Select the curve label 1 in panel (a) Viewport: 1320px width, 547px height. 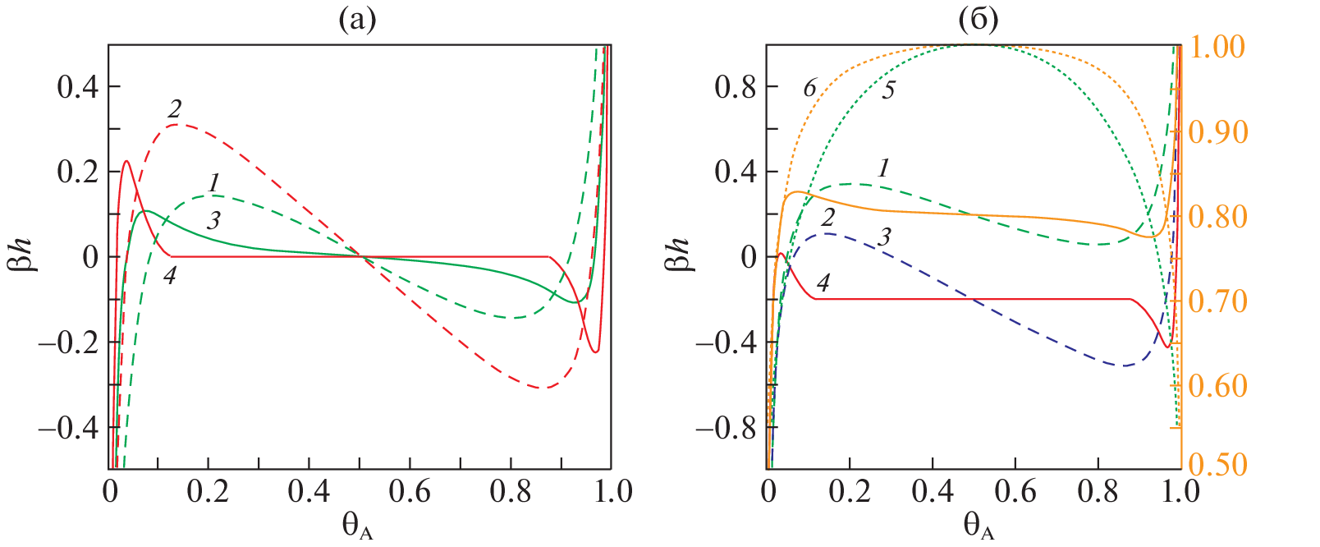click(x=214, y=182)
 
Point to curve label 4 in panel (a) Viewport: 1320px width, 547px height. click(x=169, y=275)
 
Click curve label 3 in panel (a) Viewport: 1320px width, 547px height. click(x=214, y=220)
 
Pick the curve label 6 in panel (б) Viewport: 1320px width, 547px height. click(x=809, y=88)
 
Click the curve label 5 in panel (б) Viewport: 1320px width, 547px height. click(x=888, y=90)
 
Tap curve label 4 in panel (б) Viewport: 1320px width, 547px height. click(x=823, y=283)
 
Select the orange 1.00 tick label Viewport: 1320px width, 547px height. click(x=1217, y=47)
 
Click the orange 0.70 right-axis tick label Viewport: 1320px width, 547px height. click(x=1217, y=301)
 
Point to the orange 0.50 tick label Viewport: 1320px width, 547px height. click(x=1217, y=465)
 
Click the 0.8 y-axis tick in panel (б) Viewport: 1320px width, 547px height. click(x=736, y=86)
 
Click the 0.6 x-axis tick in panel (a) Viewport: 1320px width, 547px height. click(x=410, y=492)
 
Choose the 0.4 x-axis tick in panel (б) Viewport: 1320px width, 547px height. click(x=933, y=492)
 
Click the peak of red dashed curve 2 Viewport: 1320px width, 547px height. click(x=178, y=125)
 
